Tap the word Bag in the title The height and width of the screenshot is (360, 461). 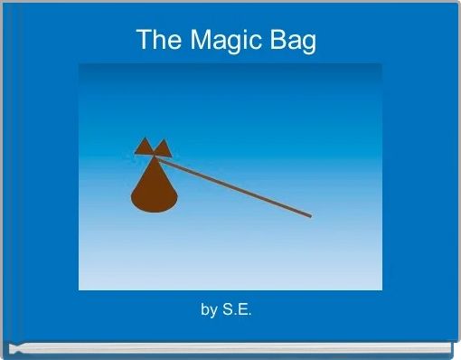tap(294, 41)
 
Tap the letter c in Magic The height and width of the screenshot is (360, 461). tap(258, 42)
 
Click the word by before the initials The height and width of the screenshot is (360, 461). tap(209, 310)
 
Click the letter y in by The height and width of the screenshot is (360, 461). tap(213, 312)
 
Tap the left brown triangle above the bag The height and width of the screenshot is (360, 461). tap(144, 147)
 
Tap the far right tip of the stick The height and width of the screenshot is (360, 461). tap(310, 215)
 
